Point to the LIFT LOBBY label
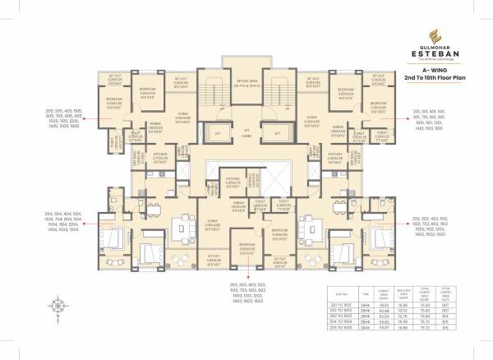246,134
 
